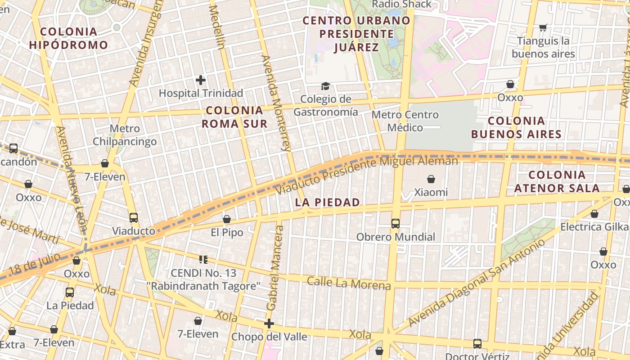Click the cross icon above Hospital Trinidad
click(x=201, y=80)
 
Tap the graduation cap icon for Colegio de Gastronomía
click(x=325, y=86)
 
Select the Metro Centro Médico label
click(x=405, y=121)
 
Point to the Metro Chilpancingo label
click(x=125, y=135)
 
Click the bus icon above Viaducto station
click(x=134, y=218)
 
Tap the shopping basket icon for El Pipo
click(x=227, y=219)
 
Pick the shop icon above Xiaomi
click(x=431, y=179)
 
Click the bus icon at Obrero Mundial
click(x=396, y=223)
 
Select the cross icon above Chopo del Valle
click(x=269, y=324)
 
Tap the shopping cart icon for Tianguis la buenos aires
click(x=543, y=28)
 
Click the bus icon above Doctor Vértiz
click(x=477, y=344)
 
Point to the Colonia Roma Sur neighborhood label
click(x=234, y=117)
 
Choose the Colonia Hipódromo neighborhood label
click(x=69, y=38)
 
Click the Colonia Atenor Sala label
click(x=557, y=181)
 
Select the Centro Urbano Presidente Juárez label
click(x=356, y=34)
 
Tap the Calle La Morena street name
click(x=349, y=283)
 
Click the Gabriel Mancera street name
click(x=275, y=268)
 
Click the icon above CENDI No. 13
click(x=203, y=259)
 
